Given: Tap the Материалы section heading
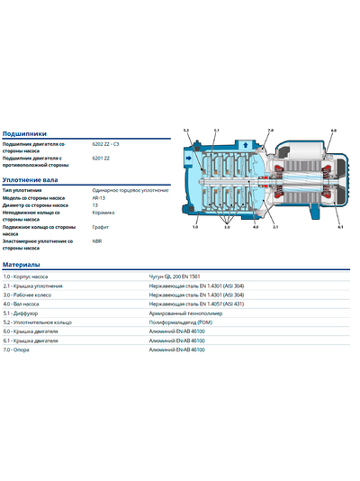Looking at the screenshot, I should coord(21,265).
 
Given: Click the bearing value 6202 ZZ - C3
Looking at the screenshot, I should coord(111,143).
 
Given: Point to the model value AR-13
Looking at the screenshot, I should coord(99,198).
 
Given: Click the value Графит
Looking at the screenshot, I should coord(100,227).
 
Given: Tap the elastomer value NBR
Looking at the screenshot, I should coord(97,241).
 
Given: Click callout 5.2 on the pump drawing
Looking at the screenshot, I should coord(187,132).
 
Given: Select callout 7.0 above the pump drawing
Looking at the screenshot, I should coord(270,132).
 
